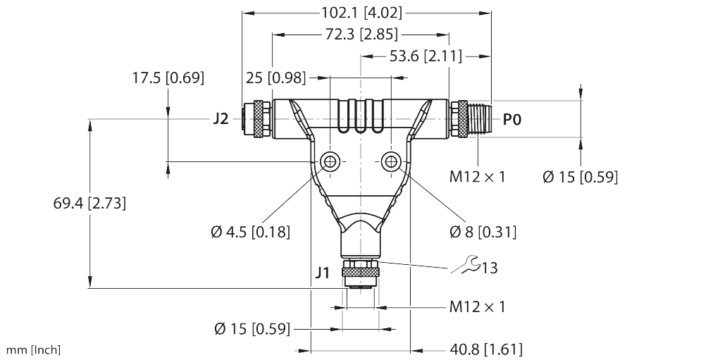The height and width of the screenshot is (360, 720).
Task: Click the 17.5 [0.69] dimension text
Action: (x=168, y=78)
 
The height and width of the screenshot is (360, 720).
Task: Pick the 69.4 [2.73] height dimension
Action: (x=89, y=204)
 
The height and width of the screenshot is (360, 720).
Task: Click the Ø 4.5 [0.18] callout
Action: (x=250, y=231)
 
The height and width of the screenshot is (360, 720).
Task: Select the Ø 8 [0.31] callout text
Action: (x=483, y=231)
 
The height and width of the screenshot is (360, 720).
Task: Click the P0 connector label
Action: (x=512, y=120)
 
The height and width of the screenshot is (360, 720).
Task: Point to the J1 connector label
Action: (x=322, y=271)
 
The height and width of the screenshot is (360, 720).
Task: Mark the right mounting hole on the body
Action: (x=390, y=163)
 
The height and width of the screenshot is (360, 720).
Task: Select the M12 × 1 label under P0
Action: (x=477, y=176)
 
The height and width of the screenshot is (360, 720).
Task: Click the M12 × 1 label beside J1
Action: (x=477, y=306)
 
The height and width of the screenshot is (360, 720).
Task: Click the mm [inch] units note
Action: (x=34, y=349)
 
